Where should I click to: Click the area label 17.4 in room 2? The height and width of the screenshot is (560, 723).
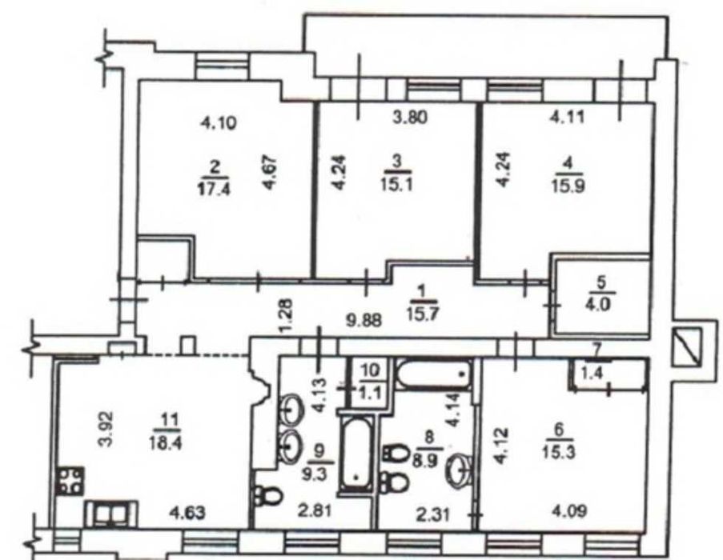click(x=215, y=190)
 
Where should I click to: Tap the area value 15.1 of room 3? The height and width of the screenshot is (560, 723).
click(x=396, y=185)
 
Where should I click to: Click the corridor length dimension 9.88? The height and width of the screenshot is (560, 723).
click(x=364, y=320)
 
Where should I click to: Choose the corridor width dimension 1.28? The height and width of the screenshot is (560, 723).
click(x=286, y=315)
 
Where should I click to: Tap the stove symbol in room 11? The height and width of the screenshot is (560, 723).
click(x=70, y=482)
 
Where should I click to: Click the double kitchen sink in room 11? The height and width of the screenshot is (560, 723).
click(x=111, y=514)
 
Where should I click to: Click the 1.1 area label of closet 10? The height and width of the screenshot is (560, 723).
click(x=370, y=394)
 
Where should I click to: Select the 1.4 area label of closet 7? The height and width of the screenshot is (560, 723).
click(x=591, y=374)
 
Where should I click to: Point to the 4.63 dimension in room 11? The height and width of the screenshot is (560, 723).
click(x=187, y=512)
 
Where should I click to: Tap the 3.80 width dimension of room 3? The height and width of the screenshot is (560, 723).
click(x=409, y=117)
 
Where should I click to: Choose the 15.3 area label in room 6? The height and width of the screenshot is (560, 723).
click(x=558, y=452)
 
